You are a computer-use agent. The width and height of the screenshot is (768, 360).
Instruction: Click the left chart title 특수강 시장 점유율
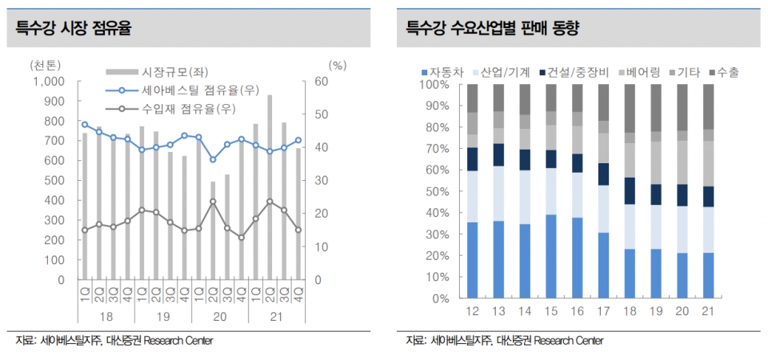74,29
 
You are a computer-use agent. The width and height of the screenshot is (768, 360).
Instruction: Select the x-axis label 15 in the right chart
550,311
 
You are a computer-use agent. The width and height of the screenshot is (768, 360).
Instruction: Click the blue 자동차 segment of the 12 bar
472,260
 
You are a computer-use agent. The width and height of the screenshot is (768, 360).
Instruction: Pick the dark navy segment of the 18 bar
630,190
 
